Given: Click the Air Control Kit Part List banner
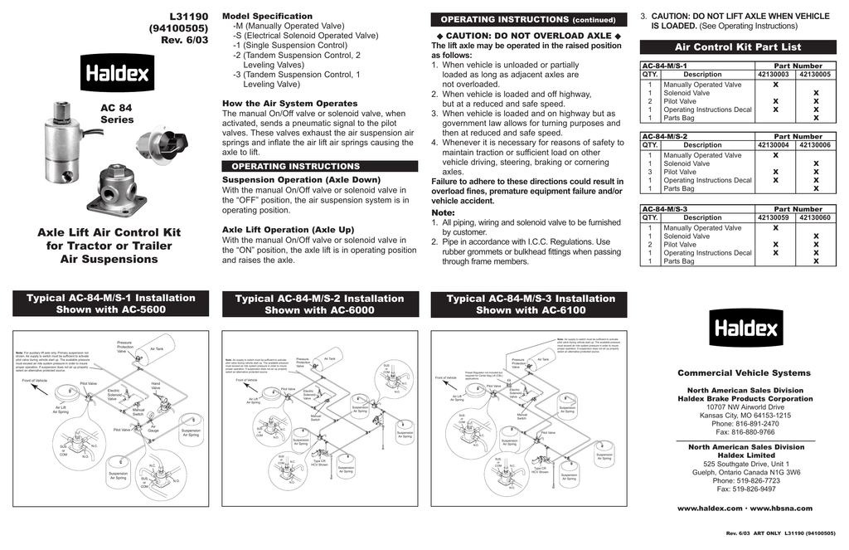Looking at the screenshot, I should coord(738,47).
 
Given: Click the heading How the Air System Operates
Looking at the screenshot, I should coord(289,104).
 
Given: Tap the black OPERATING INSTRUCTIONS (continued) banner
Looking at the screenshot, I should coord(527,19).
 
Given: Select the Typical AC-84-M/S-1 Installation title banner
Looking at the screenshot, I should coord(111,304).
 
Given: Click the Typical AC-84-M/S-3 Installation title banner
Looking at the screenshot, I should coord(531,304).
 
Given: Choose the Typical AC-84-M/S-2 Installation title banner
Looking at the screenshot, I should coord(319,304).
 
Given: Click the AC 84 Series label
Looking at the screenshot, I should coord(116,114).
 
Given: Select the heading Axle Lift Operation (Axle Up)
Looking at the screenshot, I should coord(288,230).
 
